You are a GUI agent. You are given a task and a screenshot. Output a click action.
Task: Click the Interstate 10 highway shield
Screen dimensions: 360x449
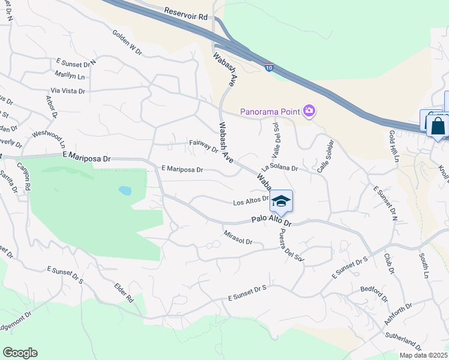[x=270, y=67]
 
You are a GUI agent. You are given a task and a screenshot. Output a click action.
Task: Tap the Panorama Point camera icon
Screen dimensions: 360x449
[x=310, y=110]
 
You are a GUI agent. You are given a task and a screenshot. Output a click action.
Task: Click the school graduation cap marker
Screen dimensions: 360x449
[x=280, y=202]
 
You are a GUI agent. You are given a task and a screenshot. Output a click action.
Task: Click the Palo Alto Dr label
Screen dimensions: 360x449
[x=271, y=222]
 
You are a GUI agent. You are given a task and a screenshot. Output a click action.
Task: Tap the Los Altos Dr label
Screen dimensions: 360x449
[x=250, y=202]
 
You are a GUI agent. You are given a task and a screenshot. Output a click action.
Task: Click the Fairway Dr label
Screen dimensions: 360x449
[x=203, y=145]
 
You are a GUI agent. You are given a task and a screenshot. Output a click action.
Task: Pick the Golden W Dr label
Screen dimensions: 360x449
[x=126, y=43]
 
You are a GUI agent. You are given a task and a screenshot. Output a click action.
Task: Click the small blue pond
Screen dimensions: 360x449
[x=125, y=191]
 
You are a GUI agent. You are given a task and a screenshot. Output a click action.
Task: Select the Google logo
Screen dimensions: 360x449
[x=20, y=353]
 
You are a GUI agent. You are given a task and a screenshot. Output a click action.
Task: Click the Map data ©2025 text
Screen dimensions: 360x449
[x=423, y=355]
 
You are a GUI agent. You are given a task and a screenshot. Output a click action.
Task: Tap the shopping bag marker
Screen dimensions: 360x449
[x=438, y=127]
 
